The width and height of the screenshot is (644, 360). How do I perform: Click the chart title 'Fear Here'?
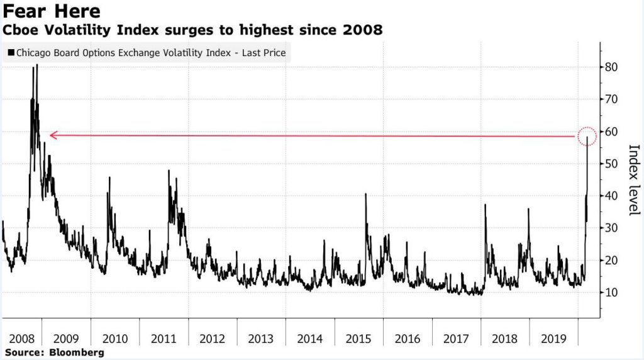(52, 11)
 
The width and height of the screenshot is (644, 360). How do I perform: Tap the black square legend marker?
(11, 53)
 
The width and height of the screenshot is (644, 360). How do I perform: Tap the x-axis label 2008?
(18, 339)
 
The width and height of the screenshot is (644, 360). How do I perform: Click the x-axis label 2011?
(164, 339)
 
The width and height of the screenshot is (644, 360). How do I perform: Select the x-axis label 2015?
(358, 339)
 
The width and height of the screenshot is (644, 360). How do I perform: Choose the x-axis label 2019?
(553, 339)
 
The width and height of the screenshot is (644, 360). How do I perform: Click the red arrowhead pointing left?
(53, 135)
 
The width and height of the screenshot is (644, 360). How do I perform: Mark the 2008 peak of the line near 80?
(36, 65)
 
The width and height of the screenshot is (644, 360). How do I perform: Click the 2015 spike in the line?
(365, 194)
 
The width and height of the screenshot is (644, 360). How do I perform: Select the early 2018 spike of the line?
(485, 205)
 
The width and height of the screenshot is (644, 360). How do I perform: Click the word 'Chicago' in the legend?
(35, 53)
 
